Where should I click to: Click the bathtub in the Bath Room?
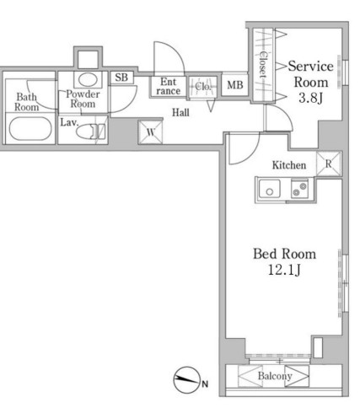(x=30, y=128)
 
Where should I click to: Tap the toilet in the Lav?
(x=90, y=131)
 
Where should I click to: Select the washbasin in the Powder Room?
(x=88, y=79)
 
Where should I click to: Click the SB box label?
(x=121, y=78)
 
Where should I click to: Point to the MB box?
(x=235, y=84)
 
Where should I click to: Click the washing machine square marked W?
(x=151, y=132)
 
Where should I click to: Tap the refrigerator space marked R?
(x=329, y=164)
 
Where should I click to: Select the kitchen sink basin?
(x=270, y=189)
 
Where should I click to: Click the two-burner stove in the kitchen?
(x=299, y=189)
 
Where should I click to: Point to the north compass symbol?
(x=186, y=380)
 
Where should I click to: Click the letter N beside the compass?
(x=205, y=384)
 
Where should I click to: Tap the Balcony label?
(x=275, y=376)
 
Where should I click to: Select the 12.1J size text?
(x=284, y=270)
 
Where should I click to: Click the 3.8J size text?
(x=310, y=98)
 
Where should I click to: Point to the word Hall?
(x=180, y=113)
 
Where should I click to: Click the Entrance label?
(x=169, y=86)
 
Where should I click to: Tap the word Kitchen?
(x=289, y=165)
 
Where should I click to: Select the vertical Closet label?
(x=263, y=65)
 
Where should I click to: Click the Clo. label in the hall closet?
(x=202, y=86)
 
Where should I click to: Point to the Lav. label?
(x=69, y=122)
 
